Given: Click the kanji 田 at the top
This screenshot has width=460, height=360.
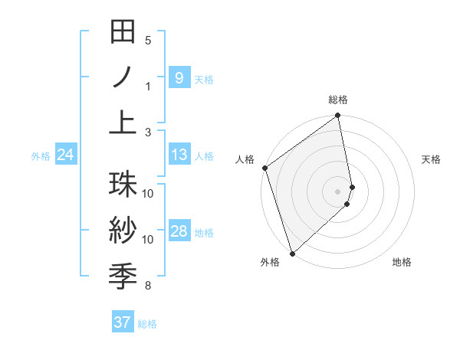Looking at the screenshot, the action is click(123, 34).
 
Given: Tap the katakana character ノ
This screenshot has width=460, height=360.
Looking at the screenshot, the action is click(123, 77).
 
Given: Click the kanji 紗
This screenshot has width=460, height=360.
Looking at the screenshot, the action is click(123, 230).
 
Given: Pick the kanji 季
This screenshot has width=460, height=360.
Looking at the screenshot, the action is click(123, 273).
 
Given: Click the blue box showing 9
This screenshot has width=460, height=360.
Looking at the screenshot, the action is click(179, 77).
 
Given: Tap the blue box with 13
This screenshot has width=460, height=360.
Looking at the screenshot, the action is click(179, 155).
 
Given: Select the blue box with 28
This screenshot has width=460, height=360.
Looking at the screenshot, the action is click(179, 232).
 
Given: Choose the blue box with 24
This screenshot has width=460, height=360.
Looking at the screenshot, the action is click(65, 155).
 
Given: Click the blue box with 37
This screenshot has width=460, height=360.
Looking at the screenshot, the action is click(123, 322).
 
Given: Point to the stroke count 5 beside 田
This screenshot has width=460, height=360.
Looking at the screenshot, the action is click(148, 41).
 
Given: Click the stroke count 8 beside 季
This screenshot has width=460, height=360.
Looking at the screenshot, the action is click(148, 286).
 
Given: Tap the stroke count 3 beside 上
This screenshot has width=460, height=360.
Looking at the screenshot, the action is click(148, 133).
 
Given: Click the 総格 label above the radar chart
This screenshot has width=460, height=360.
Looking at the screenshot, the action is click(338, 100).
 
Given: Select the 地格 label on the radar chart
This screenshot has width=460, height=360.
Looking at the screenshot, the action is click(402, 262).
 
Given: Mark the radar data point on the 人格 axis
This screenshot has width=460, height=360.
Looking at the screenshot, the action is click(264, 168).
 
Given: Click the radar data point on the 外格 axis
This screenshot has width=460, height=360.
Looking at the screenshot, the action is click(292, 254).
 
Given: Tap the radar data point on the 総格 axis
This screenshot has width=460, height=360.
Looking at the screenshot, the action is click(338, 116).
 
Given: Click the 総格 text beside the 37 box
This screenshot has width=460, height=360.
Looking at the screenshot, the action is click(147, 324).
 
